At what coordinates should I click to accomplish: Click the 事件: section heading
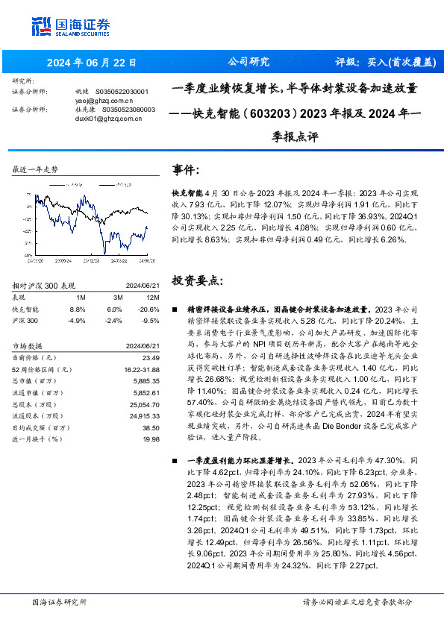click(186, 169)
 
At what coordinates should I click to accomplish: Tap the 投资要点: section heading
click(197, 281)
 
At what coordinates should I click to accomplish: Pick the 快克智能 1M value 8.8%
click(77, 309)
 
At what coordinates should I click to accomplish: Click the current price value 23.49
click(151, 357)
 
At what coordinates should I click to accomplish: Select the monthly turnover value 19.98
click(151, 439)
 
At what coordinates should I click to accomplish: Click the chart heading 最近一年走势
click(36, 169)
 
